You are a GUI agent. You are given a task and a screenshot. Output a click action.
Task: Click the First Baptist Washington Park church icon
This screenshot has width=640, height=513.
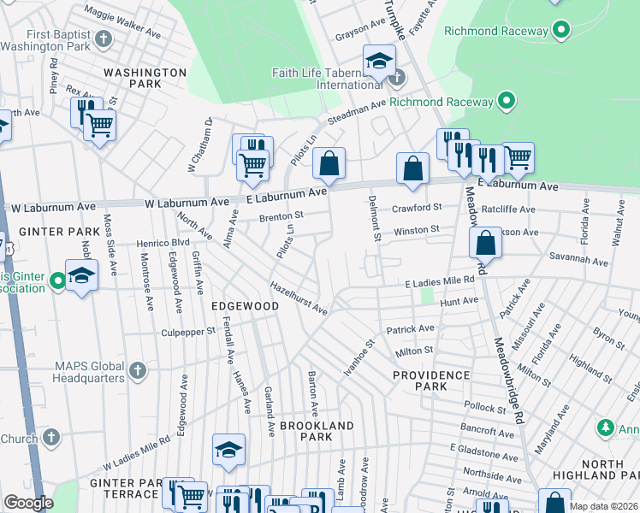(104, 39)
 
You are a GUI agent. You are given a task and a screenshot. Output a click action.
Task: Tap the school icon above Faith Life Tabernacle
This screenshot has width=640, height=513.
(379, 62)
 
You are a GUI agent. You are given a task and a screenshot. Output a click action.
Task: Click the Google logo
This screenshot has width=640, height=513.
(28, 503)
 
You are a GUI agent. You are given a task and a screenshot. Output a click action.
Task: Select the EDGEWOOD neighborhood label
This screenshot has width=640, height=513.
(246, 305)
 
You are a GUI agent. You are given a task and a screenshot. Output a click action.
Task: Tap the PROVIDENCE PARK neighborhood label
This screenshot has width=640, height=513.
(431, 380)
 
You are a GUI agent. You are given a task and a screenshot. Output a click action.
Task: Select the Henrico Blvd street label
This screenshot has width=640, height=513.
(162, 243)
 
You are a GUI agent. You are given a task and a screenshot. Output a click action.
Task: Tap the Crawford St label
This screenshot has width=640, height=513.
(417, 208)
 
